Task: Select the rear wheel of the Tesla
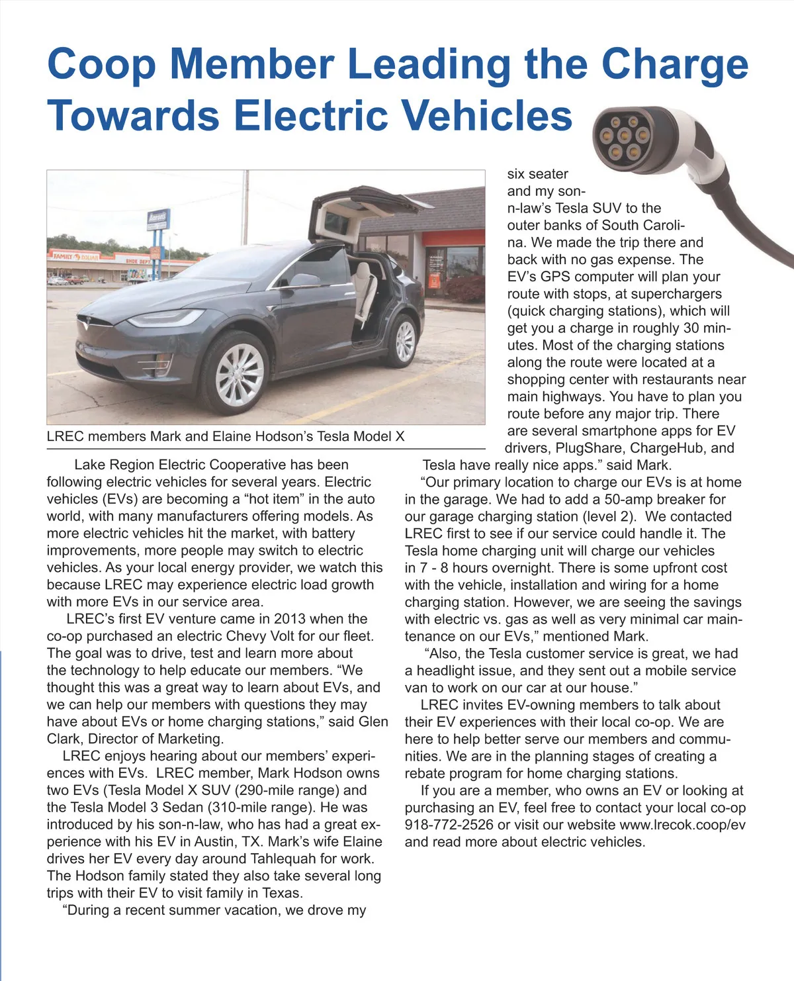[404, 340]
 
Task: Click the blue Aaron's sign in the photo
[157, 218]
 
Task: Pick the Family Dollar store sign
[76, 256]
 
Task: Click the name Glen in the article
[373, 722]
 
